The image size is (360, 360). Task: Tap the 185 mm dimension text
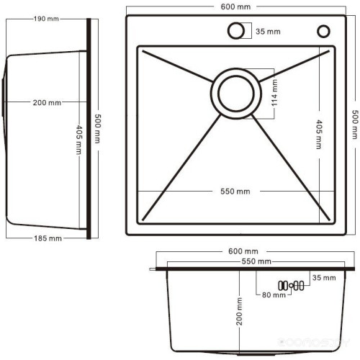[48, 238]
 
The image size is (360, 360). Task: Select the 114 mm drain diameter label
[274, 92]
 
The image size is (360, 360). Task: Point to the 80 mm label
[274, 295]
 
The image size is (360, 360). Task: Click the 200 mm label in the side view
[47, 103]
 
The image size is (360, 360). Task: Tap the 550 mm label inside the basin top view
[235, 192]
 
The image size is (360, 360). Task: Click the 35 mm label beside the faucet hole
[268, 31]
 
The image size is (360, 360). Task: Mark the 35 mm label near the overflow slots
[324, 278]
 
